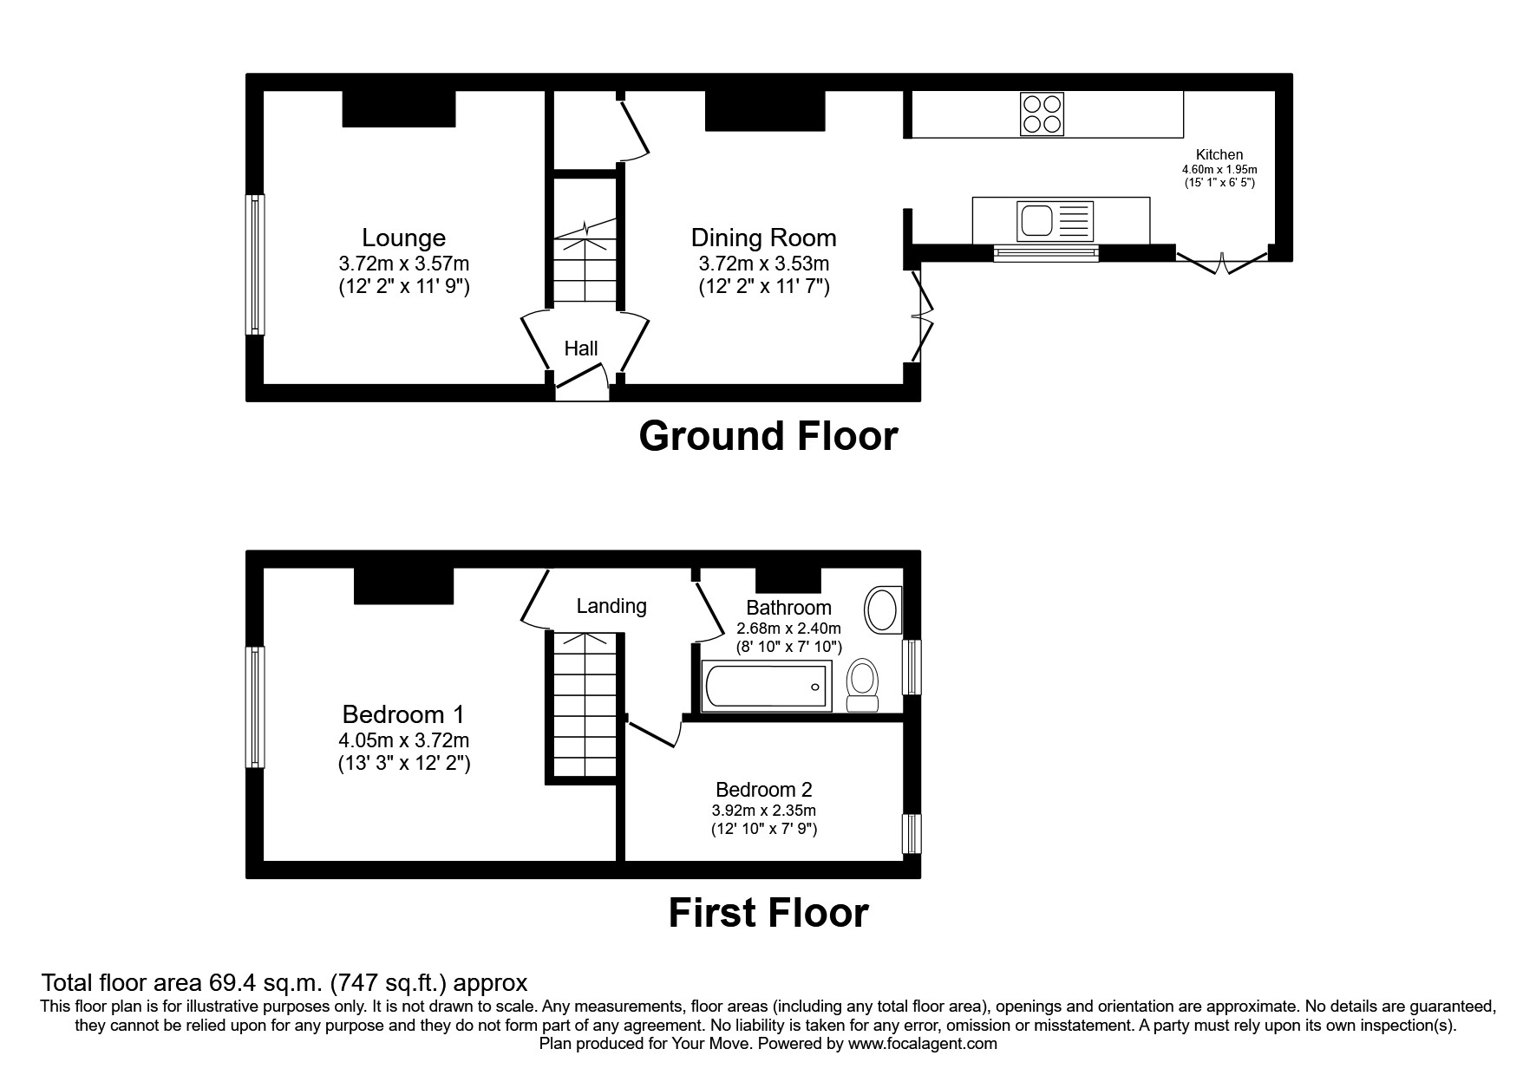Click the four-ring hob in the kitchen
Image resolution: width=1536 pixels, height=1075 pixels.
pyautogui.click(x=1042, y=114)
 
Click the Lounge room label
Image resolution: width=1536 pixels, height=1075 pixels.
pyautogui.click(x=403, y=238)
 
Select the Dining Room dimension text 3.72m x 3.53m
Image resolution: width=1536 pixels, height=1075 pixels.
pyautogui.click(x=763, y=264)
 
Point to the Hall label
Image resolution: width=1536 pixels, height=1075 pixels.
pyautogui.click(x=580, y=349)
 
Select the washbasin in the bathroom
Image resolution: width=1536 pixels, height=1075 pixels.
pyautogui.click(x=883, y=609)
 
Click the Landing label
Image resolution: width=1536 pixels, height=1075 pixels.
pyautogui.click(x=611, y=606)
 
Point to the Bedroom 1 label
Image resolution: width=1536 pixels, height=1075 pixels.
pyautogui.click(x=403, y=714)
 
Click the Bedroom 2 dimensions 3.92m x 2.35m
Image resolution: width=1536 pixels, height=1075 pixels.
pyautogui.click(x=763, y=811)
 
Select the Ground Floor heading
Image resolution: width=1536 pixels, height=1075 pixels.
pyautogui.click(x=768, y=436)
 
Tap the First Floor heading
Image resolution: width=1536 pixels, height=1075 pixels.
pyautogui.click(x=768, y=913)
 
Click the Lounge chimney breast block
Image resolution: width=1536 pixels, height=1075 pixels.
pyautogui.click(x=399, y=108)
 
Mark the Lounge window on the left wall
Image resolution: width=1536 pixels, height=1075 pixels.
pyautogui.click(x=254, y=264)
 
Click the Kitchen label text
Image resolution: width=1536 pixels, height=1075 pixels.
pyautogui.click(x=1219, y=154)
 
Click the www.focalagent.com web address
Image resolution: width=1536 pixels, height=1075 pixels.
pyautogui.click(x=923, y=1044)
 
